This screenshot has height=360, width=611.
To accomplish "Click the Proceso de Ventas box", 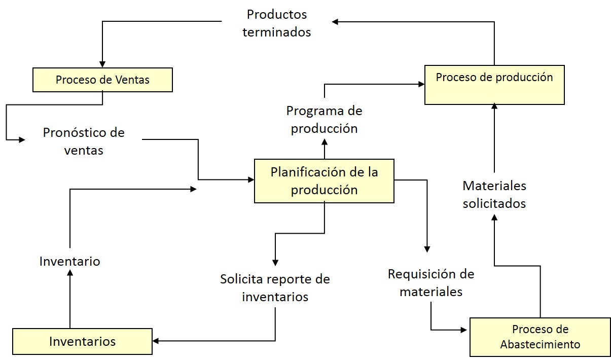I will [x=102, y=80].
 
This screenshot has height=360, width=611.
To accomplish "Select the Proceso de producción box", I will [x=494, y=85].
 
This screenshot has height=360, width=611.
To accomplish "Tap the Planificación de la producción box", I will [x=324, y=181].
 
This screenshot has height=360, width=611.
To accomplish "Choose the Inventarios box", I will [x=82, y=341].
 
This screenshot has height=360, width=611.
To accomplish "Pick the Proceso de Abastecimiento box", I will [x=540, y=337].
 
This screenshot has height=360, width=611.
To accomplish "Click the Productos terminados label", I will [x=276, y=23].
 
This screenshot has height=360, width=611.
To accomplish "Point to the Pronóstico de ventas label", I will [x=84, y=141].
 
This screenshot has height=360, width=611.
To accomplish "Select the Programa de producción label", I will [x=324, y=119].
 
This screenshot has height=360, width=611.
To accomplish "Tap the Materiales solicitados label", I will [x=494, y=195].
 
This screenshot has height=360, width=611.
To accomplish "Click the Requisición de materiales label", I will [x=431, y=282].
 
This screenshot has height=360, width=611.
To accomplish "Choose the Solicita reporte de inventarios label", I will [x=275, y=287].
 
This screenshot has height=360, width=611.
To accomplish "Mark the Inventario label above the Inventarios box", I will [x=69, y=261].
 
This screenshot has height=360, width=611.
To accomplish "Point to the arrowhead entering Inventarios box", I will [x=156, y=341].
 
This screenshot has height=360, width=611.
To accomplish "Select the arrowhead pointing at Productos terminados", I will [x=336, y=21].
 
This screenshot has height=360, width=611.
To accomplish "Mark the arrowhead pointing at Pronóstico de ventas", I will [x=22, y=139].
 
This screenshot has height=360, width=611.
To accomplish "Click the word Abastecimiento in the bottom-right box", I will [x=540, y=345].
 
